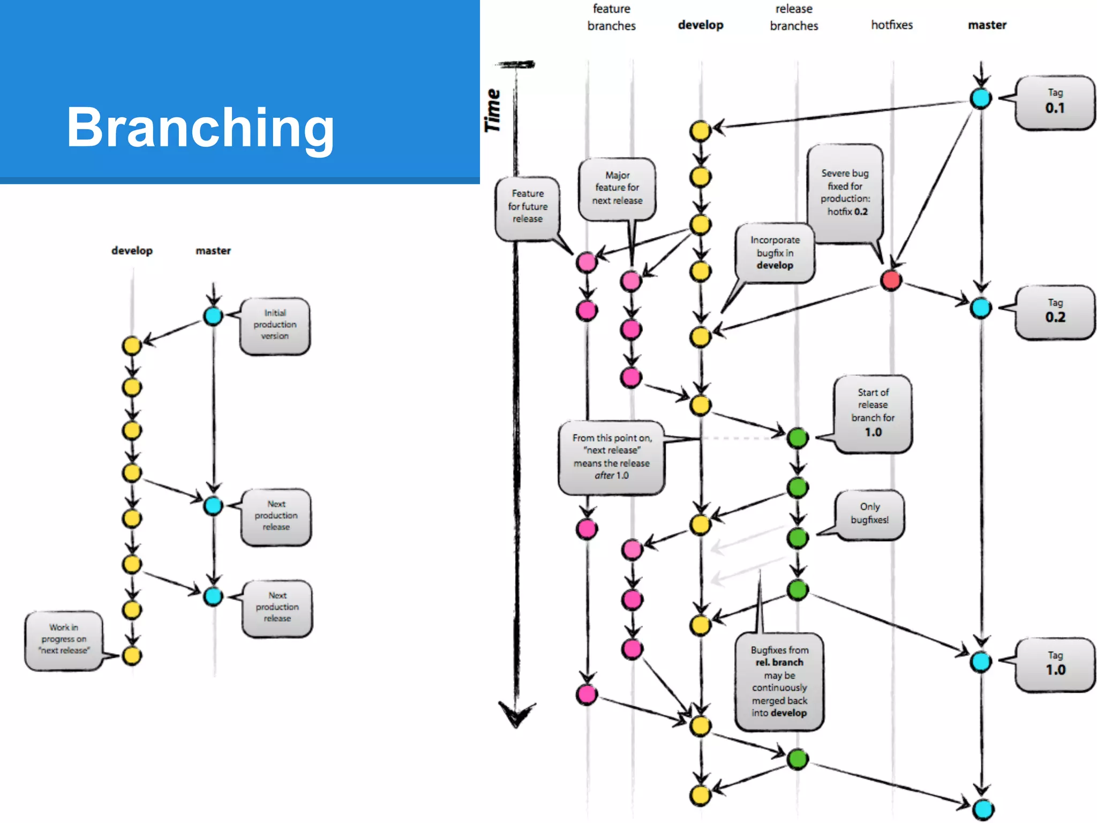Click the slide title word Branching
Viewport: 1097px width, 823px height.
(200, 127)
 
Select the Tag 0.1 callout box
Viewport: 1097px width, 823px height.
(1055, 102)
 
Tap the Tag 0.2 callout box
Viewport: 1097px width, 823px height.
(1055, 311)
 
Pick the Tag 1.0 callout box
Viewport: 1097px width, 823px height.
(1055, 664)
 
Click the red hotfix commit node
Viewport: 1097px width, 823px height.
(891, 280)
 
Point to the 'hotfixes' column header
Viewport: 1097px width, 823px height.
(891, 25)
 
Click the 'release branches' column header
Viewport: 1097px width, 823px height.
(794, 17)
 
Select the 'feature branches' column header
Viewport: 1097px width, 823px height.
(611, 17)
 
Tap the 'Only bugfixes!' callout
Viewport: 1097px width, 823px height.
(869, 513)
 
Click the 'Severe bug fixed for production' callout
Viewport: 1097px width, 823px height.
(845, 192)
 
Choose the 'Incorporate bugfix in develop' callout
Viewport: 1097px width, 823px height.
(775, 252)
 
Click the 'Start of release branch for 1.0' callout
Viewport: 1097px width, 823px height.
(873, 413)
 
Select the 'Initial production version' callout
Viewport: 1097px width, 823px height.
(275, 325)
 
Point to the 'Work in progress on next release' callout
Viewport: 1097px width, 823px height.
(64, 639)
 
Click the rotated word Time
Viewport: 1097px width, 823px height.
(492, 110)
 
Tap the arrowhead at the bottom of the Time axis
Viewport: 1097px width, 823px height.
(516, 715)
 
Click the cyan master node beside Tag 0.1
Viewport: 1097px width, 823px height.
(981, 99)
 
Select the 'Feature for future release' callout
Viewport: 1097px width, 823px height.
(527, 206)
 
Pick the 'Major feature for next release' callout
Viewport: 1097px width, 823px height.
(617, 188)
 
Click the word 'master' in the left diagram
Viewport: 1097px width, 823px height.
(213, 251)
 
